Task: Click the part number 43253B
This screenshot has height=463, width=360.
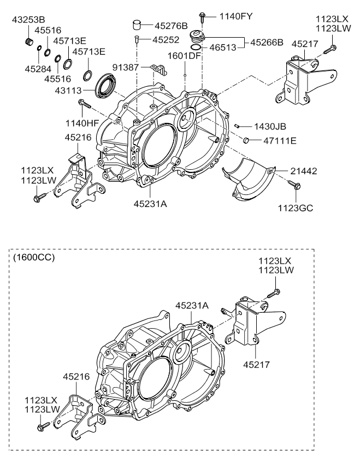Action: coord(28,20)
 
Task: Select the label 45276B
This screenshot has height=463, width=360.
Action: coord(172,26)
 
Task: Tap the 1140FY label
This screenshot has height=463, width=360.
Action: coord(235,16)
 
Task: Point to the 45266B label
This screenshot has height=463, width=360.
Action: coord(267,42)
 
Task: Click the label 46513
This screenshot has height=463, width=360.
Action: coord(223,48)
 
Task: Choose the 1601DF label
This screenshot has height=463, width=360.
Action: coord(184,56)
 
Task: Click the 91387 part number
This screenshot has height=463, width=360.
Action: coord(126,68)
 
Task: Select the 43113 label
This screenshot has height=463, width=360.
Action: coord(68,90)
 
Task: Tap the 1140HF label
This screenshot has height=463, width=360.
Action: coord(82,123)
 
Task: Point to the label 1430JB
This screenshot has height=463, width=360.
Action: coord(270,127)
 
